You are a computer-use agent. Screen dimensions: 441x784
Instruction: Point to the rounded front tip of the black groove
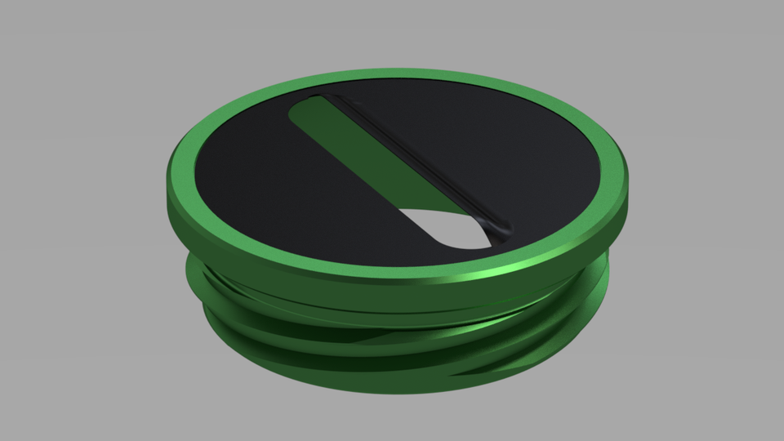[x=503, y=229]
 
